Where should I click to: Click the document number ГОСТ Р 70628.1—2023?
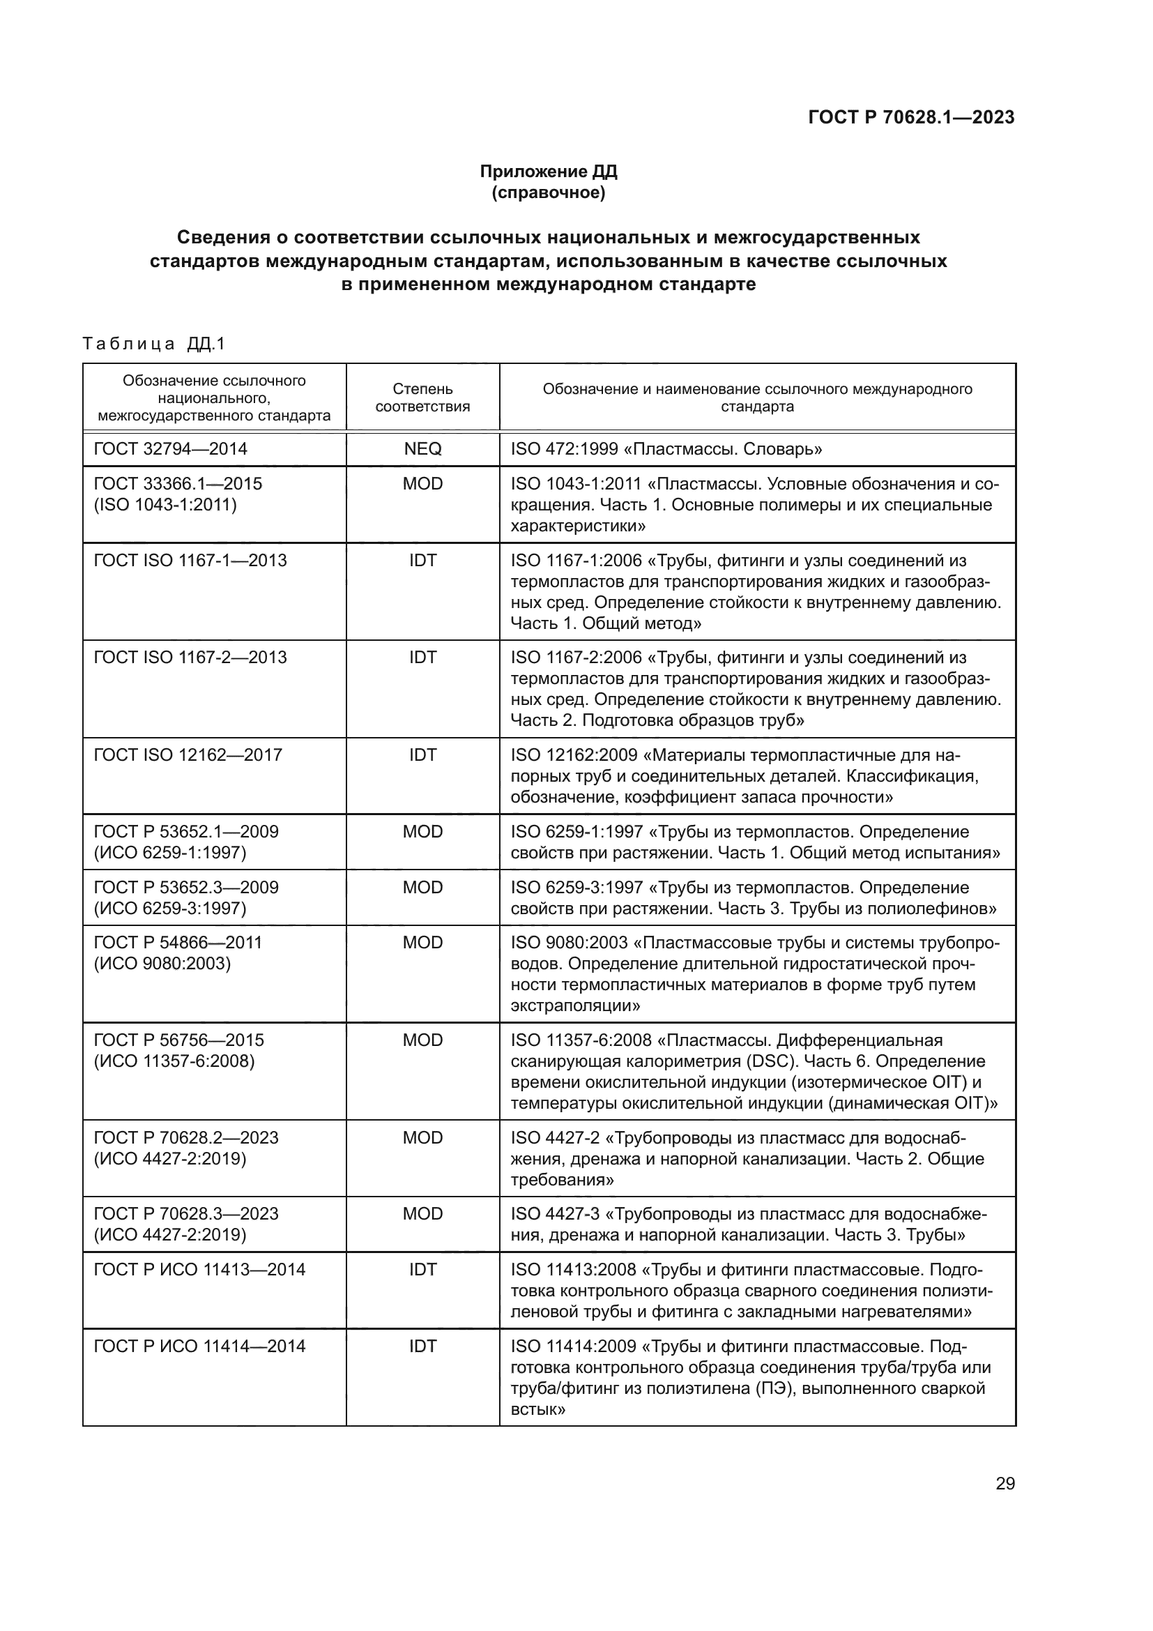[911, 117]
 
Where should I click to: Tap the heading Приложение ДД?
[548, 172]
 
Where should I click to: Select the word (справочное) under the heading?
[548, 192]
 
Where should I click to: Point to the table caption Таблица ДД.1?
[153, 344]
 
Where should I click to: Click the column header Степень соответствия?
[422, 397]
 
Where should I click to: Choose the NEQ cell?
[422, 449]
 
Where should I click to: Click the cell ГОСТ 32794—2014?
[170, 449]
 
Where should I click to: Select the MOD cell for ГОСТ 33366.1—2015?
[422, 484]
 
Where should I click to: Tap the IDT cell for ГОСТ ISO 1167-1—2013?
[422, 561]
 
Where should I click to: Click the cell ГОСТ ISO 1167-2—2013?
[190, 657]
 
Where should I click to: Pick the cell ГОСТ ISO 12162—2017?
[188, 754]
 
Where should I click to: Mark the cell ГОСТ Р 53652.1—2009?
[186, 832]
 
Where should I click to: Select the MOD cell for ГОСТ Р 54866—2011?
[422, 943]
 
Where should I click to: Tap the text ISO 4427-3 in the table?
[554, 1214]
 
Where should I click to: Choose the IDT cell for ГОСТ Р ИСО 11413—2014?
[422, 1269]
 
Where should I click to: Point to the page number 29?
[1005, 1484]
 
